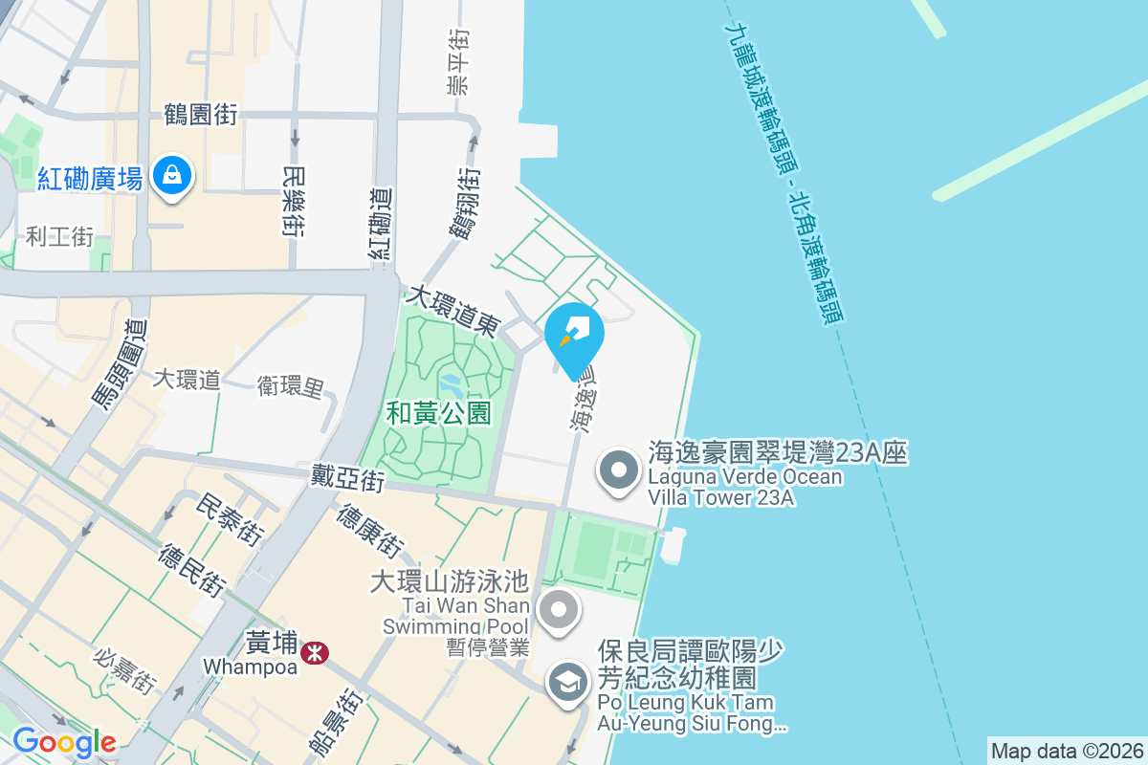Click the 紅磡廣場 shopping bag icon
(171, 175)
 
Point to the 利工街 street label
(59, 236)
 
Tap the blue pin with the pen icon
(574, 337)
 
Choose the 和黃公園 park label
(439, 413)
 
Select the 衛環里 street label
(291, 386)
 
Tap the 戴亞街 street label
(347, 477)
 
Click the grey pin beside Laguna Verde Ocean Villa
(620, 470)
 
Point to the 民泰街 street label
(229, 519)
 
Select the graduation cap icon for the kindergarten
(569, 683)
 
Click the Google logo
(64, 742)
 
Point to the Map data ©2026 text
(1065, 751)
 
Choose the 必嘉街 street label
(124, 670)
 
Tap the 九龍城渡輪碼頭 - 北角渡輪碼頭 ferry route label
(784, 172)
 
